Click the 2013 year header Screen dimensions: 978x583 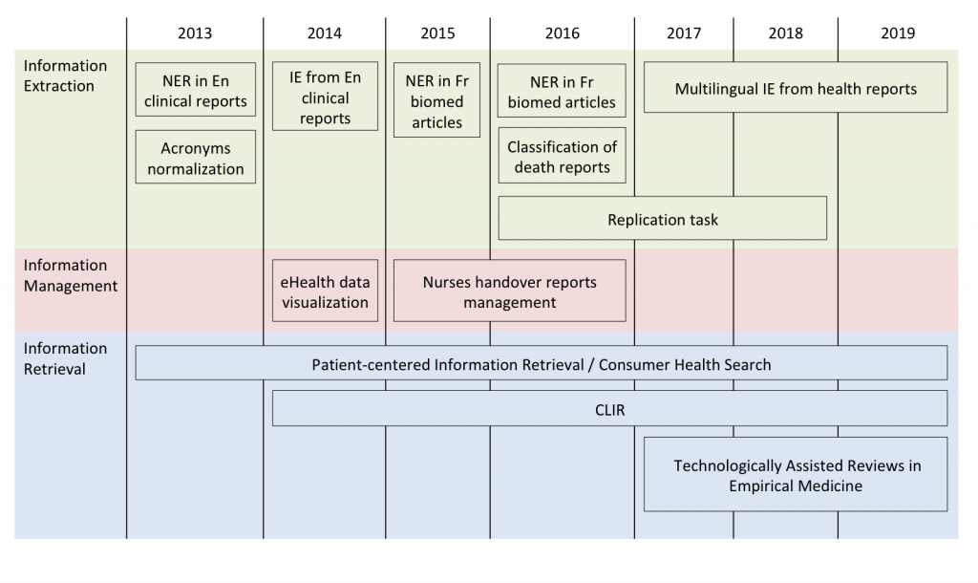point(195,33)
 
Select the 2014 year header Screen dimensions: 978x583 point(325,33)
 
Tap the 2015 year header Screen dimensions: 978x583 point(437,33)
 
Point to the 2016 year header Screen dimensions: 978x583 point(562,33)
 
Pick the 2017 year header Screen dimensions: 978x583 point(684,33)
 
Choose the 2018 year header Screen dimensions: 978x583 point(785,33)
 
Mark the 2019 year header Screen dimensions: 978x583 point(898,33)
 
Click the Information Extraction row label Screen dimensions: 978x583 point(65,76)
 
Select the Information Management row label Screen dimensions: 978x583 point(71,275)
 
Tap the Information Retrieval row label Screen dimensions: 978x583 point(65,358)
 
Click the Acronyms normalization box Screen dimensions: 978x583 point(195,157)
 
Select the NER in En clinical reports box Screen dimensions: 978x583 point(195,89)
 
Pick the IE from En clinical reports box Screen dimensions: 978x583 point(325,97)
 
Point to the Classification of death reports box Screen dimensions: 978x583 point(562,156)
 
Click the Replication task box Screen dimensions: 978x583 point(663,219)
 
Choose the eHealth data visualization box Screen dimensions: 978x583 point(325,291)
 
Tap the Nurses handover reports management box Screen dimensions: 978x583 point(510,291)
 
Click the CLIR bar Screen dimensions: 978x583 point(609,408)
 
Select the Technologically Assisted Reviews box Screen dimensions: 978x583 point(796,474)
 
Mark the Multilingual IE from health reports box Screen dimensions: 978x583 point(796,87)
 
